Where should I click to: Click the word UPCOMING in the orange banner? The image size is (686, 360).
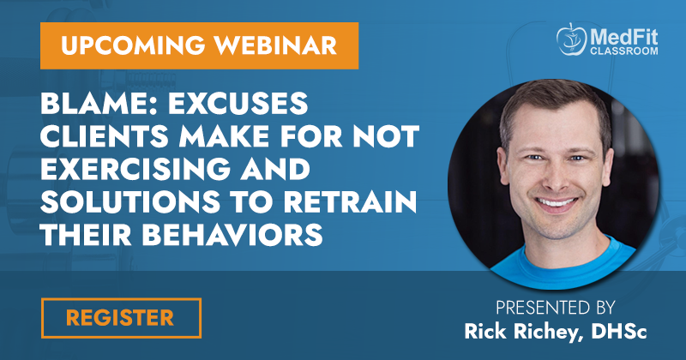click(133, 45)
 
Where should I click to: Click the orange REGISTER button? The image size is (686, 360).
click(121, 318)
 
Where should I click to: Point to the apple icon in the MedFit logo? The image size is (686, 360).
click(571, 39)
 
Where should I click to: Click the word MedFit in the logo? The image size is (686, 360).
click(623, 38)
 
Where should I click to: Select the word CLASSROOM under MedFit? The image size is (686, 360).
click(624, 51)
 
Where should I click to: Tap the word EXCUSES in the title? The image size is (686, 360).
click(238, 104)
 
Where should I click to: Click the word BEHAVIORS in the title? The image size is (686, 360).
click(232, 234)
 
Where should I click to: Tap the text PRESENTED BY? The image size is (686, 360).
click(555, 308)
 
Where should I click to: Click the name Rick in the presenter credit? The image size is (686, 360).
click(485, 331)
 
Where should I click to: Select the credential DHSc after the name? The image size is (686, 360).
click(618, 331)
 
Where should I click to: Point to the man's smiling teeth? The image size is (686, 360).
click(556, 202)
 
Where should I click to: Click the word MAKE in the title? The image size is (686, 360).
click(225, 136)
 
